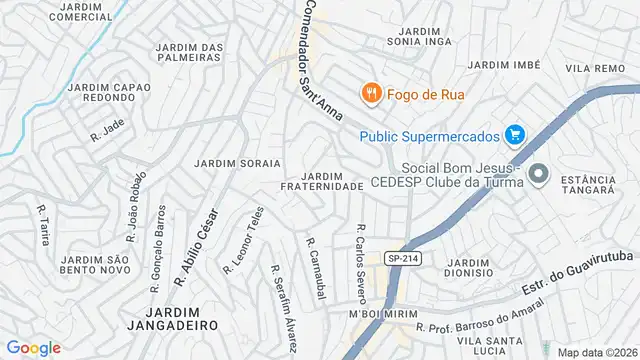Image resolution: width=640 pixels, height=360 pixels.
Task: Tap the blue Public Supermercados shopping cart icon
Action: point(515,134)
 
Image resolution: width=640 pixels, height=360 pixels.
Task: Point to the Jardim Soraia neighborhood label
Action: point(237,162)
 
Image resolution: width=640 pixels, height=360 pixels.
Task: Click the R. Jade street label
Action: point(106,132)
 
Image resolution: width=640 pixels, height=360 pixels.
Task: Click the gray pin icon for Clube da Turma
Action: point(539,174)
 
